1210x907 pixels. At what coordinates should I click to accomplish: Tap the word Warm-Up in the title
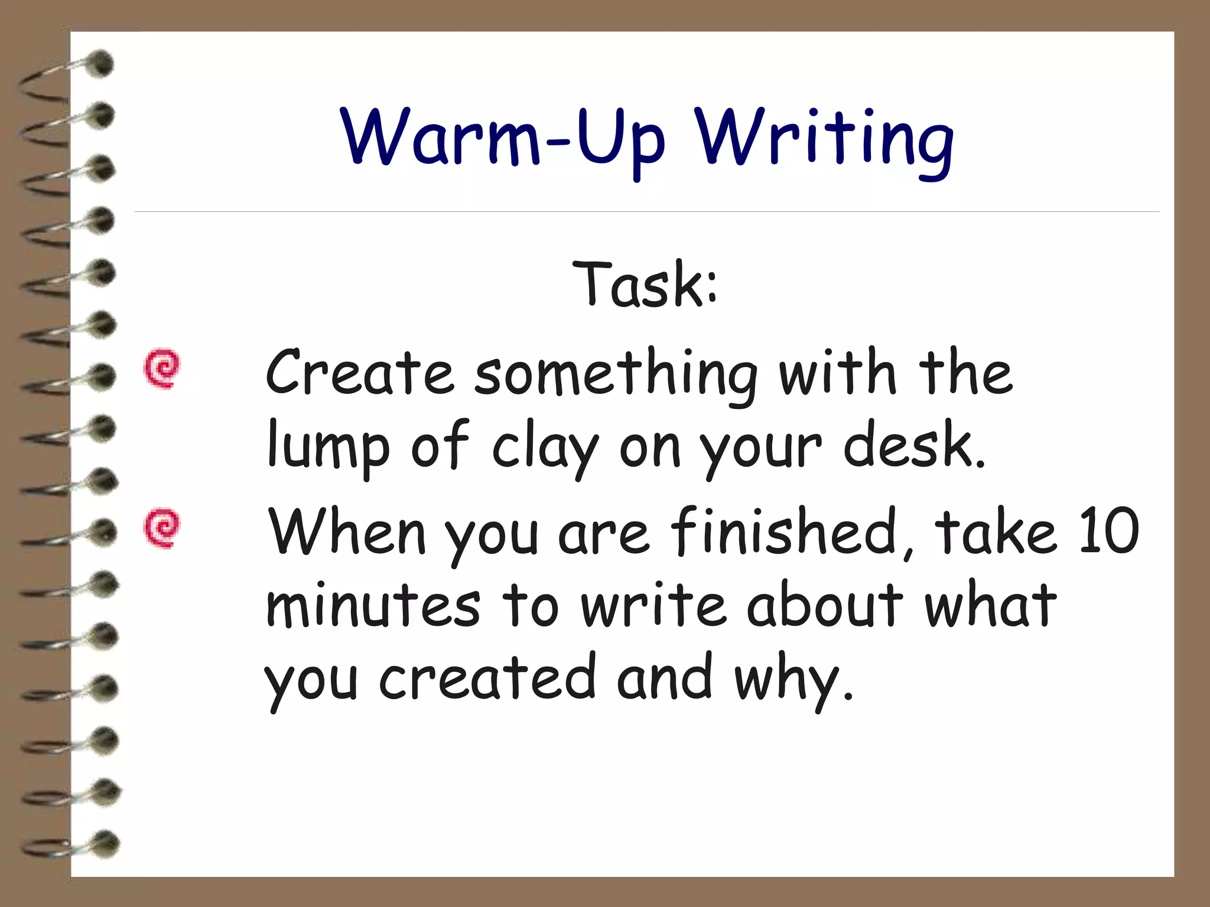coord(503,139)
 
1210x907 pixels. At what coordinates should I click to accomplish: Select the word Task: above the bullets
coord(645,285)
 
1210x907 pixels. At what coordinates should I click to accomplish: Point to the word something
coord(616,375)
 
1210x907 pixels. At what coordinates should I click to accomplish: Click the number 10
coord(1108,531)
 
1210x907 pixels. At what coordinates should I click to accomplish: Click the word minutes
coord(373,605)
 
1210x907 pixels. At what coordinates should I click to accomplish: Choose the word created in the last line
coord(487,679)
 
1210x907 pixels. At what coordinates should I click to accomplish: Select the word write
coord(653,605)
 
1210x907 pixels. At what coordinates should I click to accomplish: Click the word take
coord(995,531)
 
